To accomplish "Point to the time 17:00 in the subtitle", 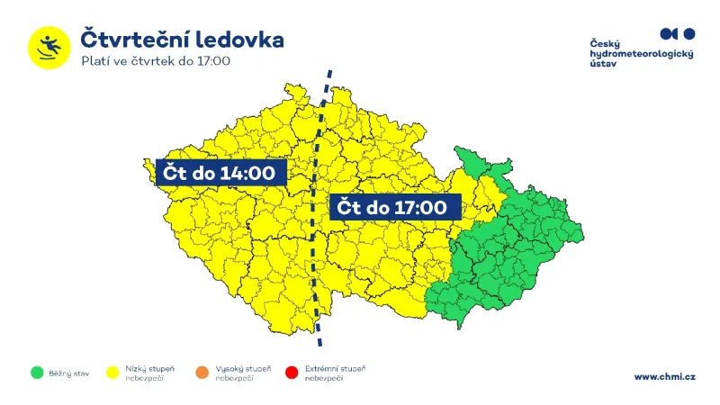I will pyautogui.click(x=211, y=61).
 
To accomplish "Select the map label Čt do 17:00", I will pyautogui.click(x=391, y=208).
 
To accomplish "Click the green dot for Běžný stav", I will pyautogui.click(x=37, y=372).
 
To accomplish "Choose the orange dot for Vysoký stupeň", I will pyautogui.click(x=202, y=372).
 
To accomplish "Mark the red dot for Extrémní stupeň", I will pyautogui.click(x=291, y=372).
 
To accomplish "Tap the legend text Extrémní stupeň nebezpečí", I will pyautogui.click(x=335, y=373).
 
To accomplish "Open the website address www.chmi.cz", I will pyautogui.click(x=664, y=376).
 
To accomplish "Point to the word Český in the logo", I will pyautogui.click(x=605, y=43).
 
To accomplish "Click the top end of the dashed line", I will pyautogui.click(x=329, y=70).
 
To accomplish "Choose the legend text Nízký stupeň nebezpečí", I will pyautogui.click(x=150, y=373).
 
